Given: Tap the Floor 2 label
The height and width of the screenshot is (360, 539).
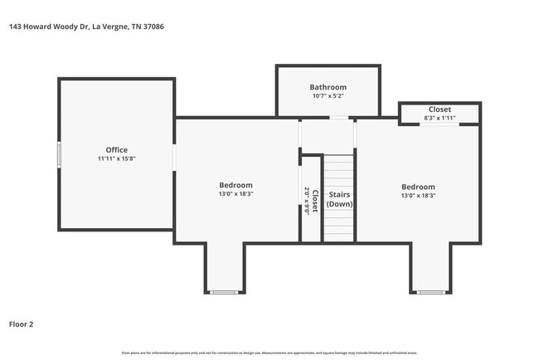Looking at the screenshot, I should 21,324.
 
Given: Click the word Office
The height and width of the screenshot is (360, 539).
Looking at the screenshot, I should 116,150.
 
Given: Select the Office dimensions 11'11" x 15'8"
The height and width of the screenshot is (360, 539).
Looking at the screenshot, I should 116,158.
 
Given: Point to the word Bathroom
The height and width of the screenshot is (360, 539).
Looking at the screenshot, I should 328,87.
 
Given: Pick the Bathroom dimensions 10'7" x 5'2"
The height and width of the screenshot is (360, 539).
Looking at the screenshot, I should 328,96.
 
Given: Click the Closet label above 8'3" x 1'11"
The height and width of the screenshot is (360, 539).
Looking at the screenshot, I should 439,109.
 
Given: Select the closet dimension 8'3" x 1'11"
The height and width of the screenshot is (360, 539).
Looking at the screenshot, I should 439,118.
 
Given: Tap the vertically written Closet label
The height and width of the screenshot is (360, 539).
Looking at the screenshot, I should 315,198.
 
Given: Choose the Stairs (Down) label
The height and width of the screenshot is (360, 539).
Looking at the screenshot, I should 339,199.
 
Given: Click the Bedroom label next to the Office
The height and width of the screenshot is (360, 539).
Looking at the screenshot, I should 236,185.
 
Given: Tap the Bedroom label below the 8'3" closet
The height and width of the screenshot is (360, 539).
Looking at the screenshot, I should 418,187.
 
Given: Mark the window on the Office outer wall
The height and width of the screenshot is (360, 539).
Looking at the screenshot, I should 58,155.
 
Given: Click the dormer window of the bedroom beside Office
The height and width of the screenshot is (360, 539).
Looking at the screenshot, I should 225,292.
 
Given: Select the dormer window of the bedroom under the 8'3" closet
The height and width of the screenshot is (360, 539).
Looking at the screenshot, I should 430,292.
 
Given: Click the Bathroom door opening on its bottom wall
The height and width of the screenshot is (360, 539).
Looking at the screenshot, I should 338,118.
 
